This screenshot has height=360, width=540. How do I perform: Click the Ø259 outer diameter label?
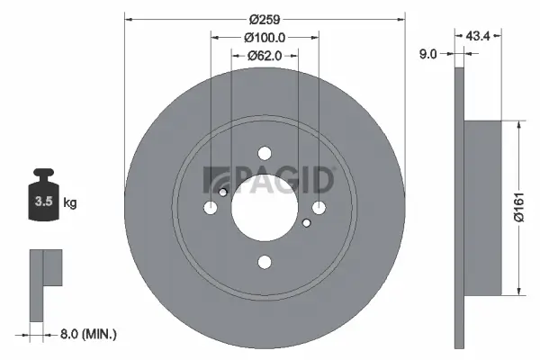tap(264, 18)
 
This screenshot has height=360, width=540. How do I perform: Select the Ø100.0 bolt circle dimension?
tap(265, 37)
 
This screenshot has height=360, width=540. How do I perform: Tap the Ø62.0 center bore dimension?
tap(265, 55)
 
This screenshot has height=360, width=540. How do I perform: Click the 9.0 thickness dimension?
tap(427, 54)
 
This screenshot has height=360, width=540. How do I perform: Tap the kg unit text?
tap(70, 203)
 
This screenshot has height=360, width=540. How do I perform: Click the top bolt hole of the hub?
tap(265, 154)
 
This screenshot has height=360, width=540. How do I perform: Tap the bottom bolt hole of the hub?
tap(265, 262)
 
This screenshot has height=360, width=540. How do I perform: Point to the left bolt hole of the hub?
tap(211, 208)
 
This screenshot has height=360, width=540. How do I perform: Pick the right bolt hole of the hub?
tap(319, 208)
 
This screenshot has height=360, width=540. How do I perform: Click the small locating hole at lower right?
tap(307, 222)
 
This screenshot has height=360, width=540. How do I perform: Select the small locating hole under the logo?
tap(223, 192)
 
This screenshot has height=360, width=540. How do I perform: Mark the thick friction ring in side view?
tap(461, 208)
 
